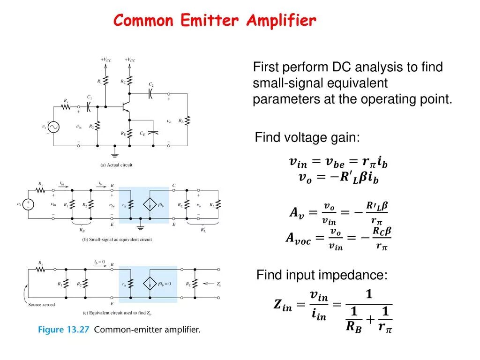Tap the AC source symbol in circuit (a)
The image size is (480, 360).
(x=52, y=127)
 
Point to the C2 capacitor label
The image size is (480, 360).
(x=151, y=84)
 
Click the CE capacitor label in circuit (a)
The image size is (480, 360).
(x=142, y=133)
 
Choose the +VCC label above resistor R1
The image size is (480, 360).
(x=106, y=60)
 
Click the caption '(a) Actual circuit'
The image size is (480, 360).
(x=117, y=165)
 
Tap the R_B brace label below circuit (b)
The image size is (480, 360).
(x=82, y=230)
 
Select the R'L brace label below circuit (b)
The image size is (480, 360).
(x=203, y=230)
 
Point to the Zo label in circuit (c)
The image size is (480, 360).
(x=218, y=284)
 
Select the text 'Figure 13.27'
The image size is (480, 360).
(x=64, y=330)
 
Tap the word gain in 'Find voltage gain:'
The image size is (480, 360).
(x=345, y=138)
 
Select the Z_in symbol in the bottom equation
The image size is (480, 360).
(x=283, y=307)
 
